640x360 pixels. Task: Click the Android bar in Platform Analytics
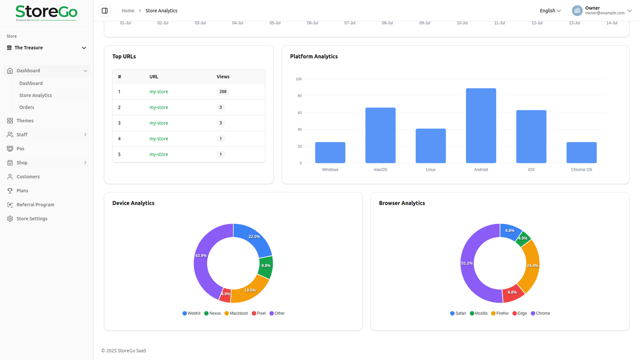point(481,126)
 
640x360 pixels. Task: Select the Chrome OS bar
point(581,152)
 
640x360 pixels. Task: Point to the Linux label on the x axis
point(430,170)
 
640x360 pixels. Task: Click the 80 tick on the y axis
point(300,96)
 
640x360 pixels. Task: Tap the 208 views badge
point(223,92)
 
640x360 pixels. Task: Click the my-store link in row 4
point(159,139)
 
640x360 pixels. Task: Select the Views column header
point(223,77)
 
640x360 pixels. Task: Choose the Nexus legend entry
point(212,313)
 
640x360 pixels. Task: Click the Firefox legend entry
point(500,313)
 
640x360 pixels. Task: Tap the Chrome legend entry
point(540,313)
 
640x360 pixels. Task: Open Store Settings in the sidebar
point(32,219)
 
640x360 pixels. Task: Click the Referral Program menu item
point(35,205)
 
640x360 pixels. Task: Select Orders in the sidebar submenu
point(27,107)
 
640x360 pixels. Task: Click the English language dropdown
point(550,11)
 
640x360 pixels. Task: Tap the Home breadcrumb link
point(128,11)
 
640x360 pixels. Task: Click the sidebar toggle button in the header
point(105,11)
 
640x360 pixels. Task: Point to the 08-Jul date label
point(387,23)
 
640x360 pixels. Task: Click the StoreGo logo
point(46,13)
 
